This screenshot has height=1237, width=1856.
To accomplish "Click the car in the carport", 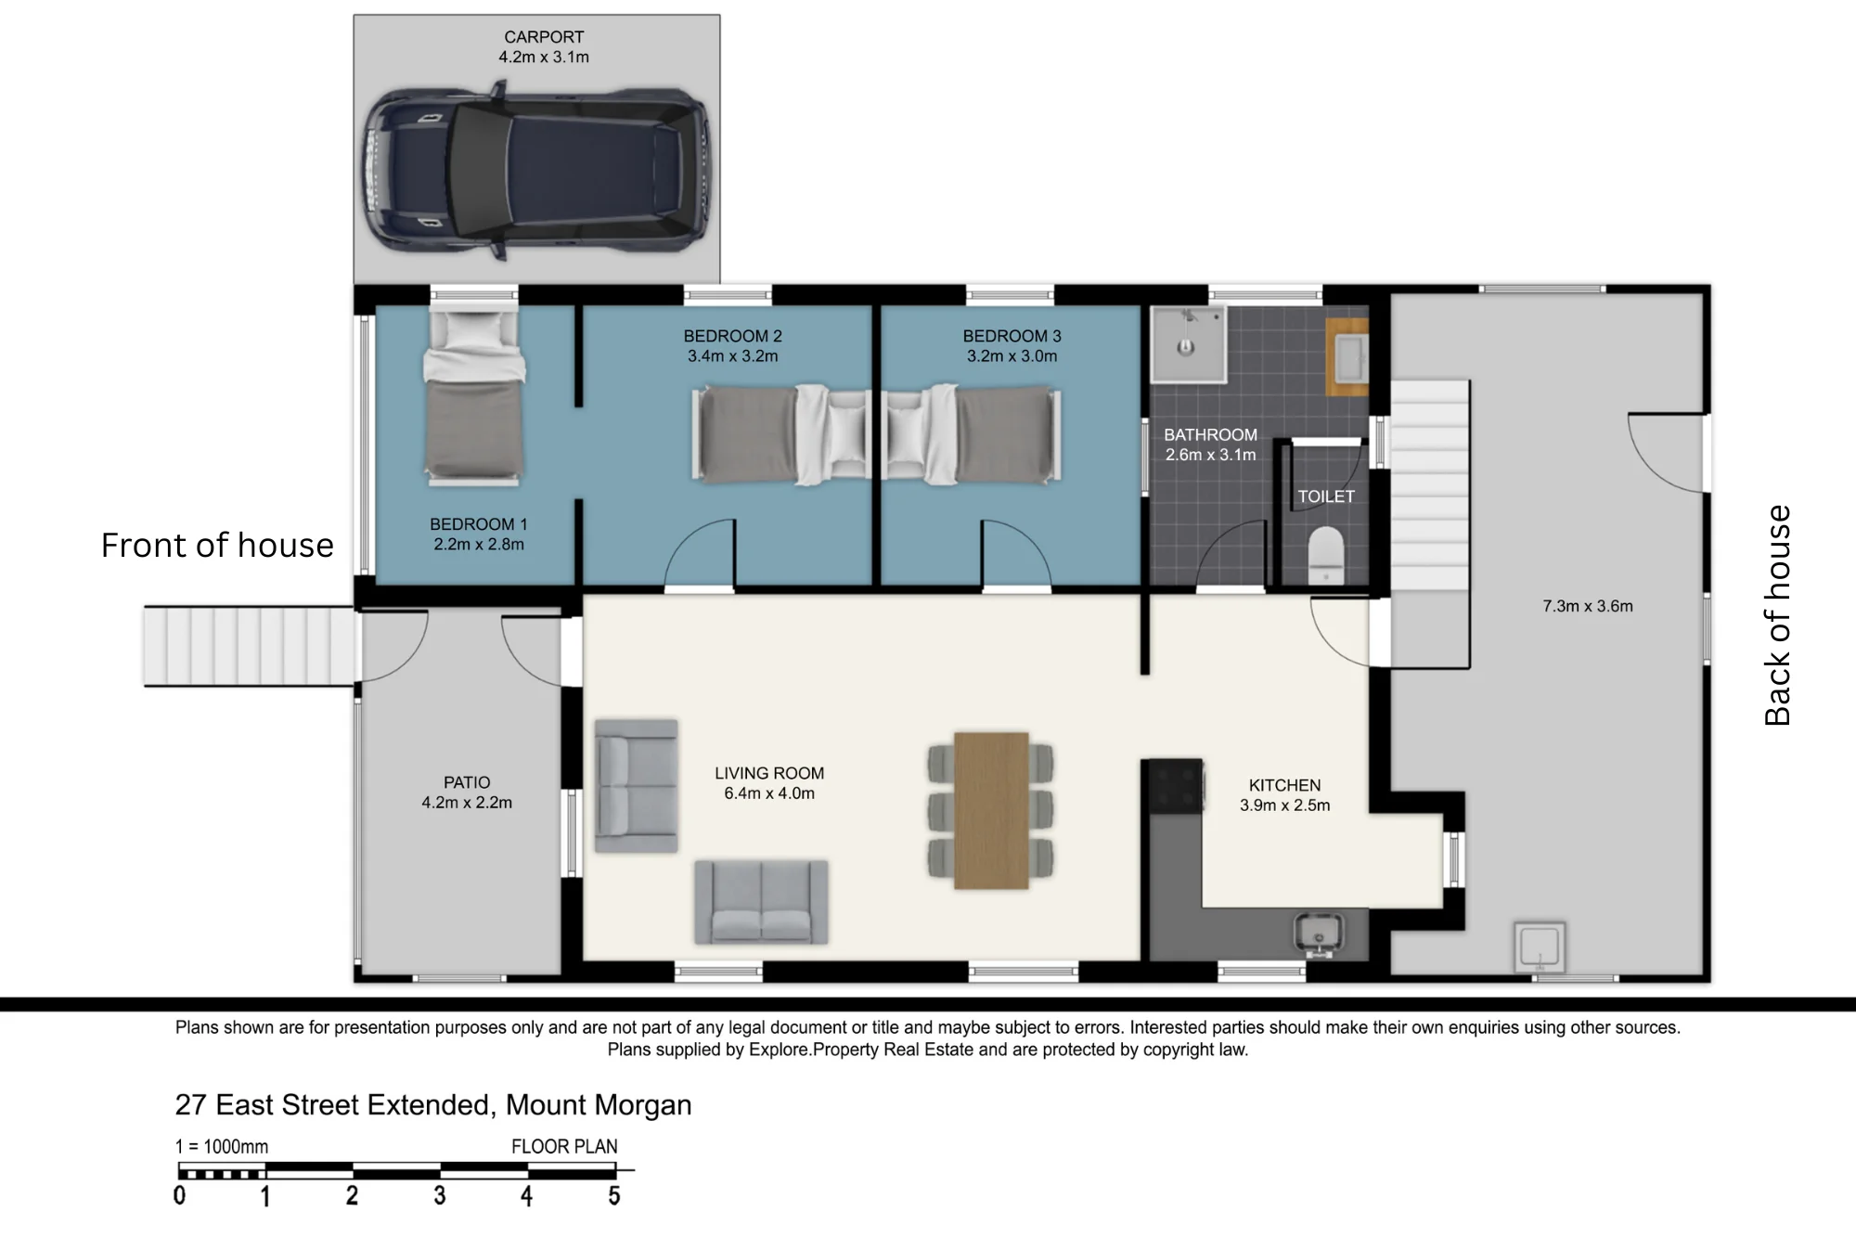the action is [535, 170].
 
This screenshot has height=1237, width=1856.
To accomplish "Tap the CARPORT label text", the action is [544, 37].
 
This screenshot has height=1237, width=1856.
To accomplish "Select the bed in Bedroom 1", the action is [474, 398].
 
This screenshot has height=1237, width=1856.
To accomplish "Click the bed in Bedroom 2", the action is [781, 434].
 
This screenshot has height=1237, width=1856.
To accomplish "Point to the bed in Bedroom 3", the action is [972, 434].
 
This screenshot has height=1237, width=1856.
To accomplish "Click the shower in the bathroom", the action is [1188, 344].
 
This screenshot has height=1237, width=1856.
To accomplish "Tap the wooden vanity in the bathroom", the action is [1347, 356].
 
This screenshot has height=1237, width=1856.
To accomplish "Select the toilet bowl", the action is [1325, 555].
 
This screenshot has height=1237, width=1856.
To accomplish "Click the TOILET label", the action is [1326, 496].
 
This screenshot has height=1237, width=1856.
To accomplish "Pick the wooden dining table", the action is [991, 810].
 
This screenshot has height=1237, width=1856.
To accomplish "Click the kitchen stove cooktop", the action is [1177, 786].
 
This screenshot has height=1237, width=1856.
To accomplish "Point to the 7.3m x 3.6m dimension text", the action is [1588, 606].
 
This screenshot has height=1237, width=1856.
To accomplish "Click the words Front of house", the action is [217, 546].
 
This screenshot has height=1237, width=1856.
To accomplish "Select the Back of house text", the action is [1776, 615].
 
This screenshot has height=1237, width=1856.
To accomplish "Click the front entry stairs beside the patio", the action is [250, 646].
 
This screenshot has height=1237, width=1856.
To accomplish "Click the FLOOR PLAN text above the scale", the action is [564, 1147].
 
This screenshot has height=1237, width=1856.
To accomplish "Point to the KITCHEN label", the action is [1284, 785].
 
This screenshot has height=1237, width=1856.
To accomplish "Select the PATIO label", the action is [467, 782].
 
